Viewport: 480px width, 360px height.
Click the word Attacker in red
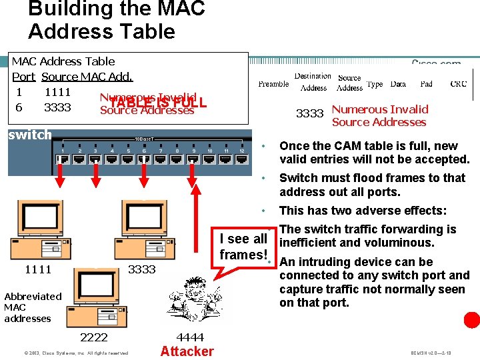pyautogui.click(x=187, y=351)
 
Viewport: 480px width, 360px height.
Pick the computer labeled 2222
pyautogui.click(x=93, y=293)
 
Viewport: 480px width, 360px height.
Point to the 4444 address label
pyautogui.click(x=190, y=337)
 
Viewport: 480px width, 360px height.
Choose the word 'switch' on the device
pyautogui.click(x=29, y=135)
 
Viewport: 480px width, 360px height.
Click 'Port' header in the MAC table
pyautogui.click(x=23, y=77)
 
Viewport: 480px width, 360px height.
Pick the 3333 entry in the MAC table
pyautogui.click(x=57, y=107)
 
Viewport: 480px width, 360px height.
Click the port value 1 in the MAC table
pyautogui.click(x=19, y=92)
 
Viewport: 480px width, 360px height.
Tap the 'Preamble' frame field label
pyautogui.click(x=273, y=84)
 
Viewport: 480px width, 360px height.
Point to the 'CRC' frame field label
pyautogui.click(x=459, y=84)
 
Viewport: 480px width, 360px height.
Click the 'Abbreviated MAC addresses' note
pyautogui.click(x=33, y=307)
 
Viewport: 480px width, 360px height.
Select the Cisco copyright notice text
pyautogui.click(x=66, y=353)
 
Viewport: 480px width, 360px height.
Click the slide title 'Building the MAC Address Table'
pyautogui.click(x=117, y=20)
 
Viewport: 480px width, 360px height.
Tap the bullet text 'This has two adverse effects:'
pyautogui.click(x=363, y=211)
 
